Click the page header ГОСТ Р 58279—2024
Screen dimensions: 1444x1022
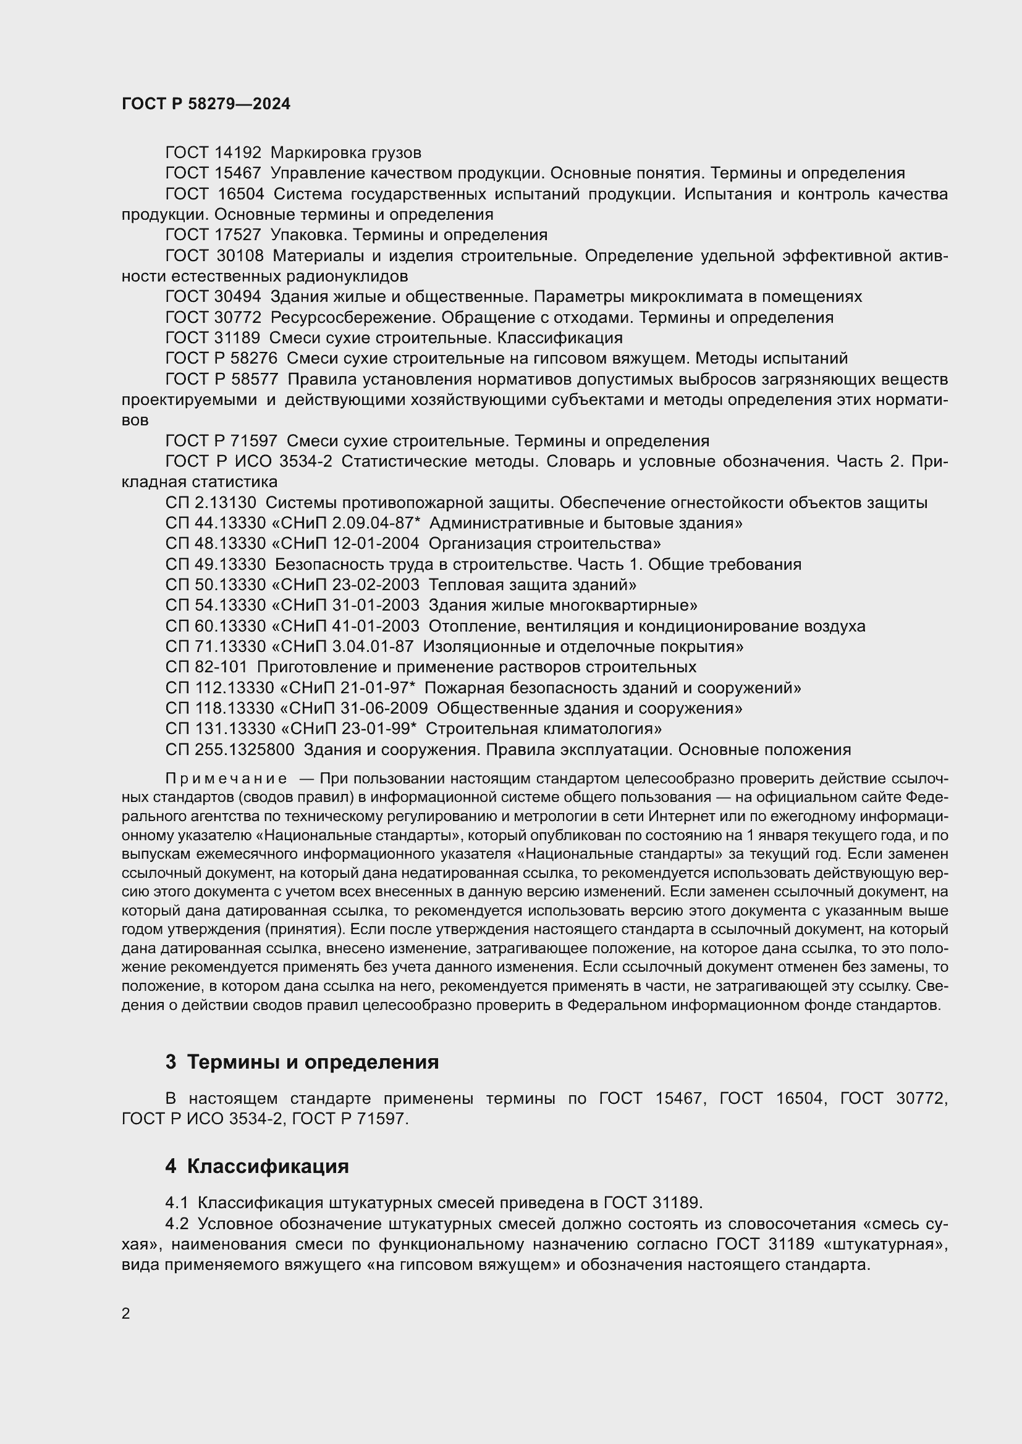point(206,104)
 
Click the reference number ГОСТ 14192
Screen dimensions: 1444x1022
point(213,153)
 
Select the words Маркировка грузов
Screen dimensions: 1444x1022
point(345,153)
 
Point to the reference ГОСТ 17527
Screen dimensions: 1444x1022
point(213,235)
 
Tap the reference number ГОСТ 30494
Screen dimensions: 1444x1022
point(213,297)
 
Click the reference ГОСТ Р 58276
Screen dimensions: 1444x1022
point(221,359)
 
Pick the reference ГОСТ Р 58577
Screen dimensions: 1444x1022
point(221,379)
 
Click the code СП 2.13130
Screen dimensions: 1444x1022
point(211,503)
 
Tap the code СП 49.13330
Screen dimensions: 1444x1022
point(215,565)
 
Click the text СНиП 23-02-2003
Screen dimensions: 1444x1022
point(349,585)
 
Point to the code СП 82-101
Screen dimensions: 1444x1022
point(206,667)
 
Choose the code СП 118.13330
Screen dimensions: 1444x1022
point(219,709)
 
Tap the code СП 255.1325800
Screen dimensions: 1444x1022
point(230,750)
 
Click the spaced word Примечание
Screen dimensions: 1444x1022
point(226,779)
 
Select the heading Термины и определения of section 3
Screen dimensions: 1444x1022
point(313,1062)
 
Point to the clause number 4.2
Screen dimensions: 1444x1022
point(177,1224)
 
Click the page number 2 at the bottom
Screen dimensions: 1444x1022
point(126,1314)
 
